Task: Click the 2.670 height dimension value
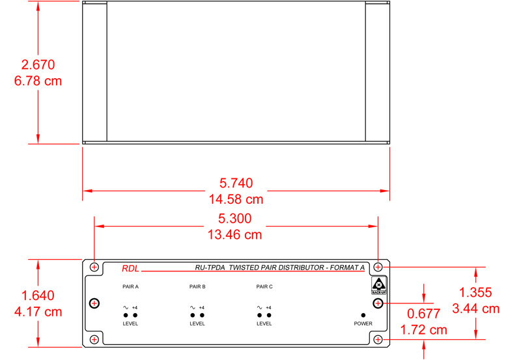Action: [x=38, y=64]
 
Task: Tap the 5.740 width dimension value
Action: [x=236, y=183]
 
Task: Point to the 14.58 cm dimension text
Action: [x=236, y=199]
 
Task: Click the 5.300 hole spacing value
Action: [x=236, y=218]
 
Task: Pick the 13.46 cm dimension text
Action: [x=236, y=234]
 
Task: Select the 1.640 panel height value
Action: [x=38, y=295]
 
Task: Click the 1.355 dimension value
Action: [x=475, y=292]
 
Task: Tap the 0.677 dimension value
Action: [x=424, y=314]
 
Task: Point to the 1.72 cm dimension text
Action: [x=424, y=330]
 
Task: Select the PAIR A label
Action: [x=130, y=286]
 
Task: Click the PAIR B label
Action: [x=197, y=286]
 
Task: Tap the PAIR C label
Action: [x=264, y=286]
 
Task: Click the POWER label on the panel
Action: [x=363, y=324]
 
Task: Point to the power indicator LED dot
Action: [x=363, y=314]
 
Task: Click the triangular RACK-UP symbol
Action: [x=378, y=285]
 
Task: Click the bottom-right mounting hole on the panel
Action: [x=378, y=339]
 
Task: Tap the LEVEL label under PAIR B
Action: [x=197, y=324]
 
